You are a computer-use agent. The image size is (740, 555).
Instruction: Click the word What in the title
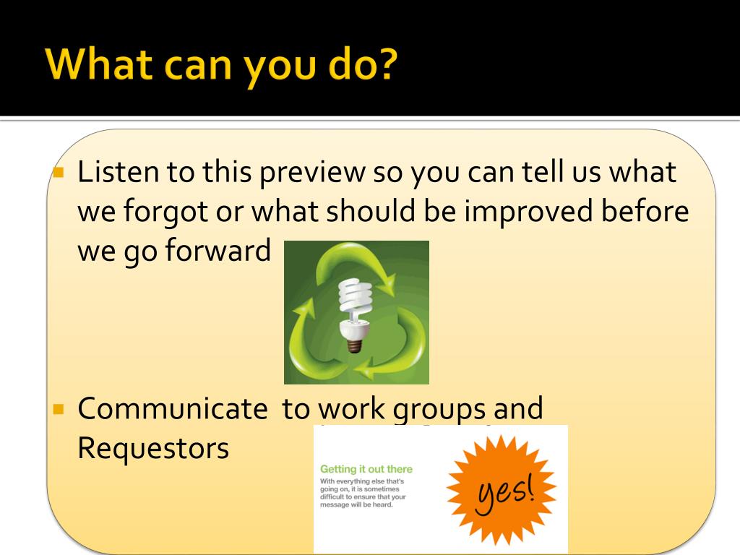[99, 64]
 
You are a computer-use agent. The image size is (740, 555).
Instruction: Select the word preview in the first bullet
[312, 173]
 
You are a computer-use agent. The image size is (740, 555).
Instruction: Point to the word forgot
[165, 213]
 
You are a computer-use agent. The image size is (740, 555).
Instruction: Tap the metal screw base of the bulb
[354, 345]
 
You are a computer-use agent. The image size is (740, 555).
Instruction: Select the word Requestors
[153, 449]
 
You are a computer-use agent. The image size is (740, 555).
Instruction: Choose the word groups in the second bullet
[439, 410]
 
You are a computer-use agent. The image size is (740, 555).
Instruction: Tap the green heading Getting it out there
[366, 469]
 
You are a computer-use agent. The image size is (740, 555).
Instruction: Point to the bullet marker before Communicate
[59, 409]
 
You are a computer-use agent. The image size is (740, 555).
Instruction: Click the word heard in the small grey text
[383, 505]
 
